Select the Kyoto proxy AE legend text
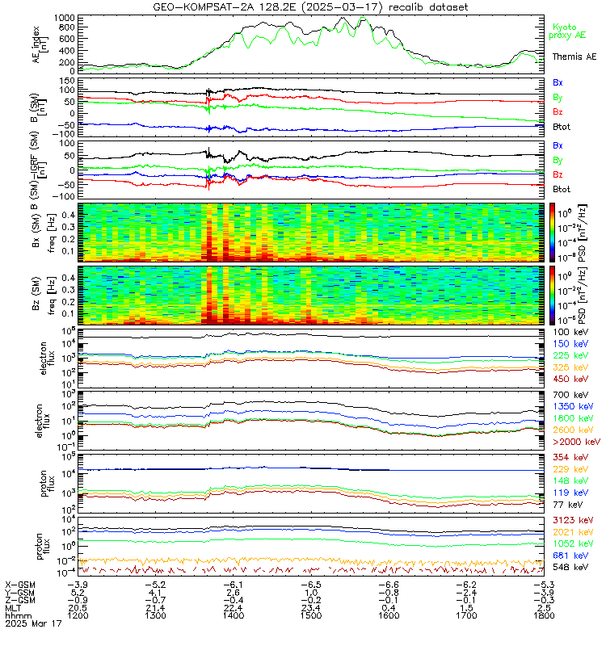tap(572, 31)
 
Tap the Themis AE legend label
tap(574, 57)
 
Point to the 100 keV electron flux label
tap(570, 332)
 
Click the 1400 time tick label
tap(234, 615)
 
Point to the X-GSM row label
tap(20, 583)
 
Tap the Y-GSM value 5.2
tap(77, 591)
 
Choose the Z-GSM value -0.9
tap(77, 599)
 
